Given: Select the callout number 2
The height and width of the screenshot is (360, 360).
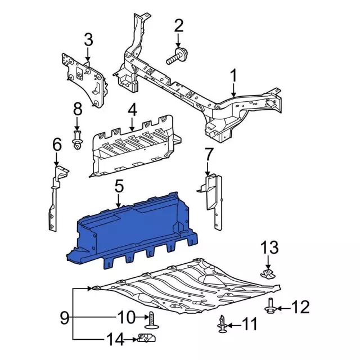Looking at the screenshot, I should coord(179,25).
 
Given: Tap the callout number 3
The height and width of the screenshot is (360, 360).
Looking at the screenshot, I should coord(88,40).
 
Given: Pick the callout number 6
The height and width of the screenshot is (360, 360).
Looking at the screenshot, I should coord(57,145).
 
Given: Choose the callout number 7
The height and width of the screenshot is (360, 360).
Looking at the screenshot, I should coord(208,154).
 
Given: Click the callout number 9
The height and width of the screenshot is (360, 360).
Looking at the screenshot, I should coord(65,318).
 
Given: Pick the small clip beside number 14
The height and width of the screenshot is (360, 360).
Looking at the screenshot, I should coord(144,339).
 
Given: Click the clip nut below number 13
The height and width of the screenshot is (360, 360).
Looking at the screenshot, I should coord(269,274).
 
